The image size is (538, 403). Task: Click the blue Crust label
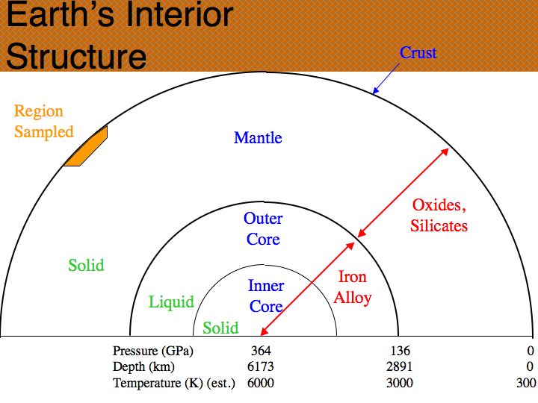click(x=418, y=53)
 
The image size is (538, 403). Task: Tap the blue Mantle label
click(x=258, y=138)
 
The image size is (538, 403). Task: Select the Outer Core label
click(x=263, y=229)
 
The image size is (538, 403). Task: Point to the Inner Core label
click(x=266, y=296)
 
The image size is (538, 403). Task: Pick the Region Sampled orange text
click(x=44, y=122)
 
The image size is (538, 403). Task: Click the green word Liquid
click(x=171, y=302)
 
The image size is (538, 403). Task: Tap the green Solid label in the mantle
click(x=86, y=265)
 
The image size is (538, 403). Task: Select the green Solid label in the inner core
click(x=220, y=328)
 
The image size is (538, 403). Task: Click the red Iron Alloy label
click(x=353, y=287)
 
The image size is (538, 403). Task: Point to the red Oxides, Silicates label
click(x=439, y=216)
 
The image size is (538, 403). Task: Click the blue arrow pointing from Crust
click(x=386, y=78)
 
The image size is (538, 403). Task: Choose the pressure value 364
click(x=261, y=351)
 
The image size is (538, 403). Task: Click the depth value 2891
click(x=399, y=366)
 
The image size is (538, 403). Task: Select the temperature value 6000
click(x=261, y=383)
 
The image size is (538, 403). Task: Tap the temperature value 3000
click(x=400, y=383)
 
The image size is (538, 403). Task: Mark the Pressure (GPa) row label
click(x=153, y=352)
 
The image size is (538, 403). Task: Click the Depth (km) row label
click(x=143, y=367)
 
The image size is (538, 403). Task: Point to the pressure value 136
click(x=400, y=351)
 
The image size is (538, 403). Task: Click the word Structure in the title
click(x=76, y=56)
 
